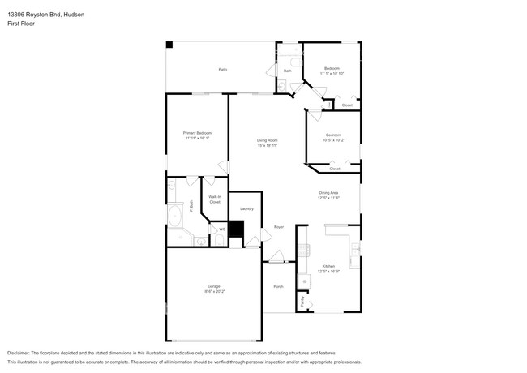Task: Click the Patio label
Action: coord(222,70)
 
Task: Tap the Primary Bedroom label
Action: coord(198,132)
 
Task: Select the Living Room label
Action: coord(268,140)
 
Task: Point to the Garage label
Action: coord(214,286)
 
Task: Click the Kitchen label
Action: coord(328,266)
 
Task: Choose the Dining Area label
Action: coord(328,192)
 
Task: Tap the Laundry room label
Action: coord(246,208)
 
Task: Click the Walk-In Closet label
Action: coord(215,199)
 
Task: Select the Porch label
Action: coord(278,286)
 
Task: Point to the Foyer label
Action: coord(278,227)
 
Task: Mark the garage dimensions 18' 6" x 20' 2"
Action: coord(214,291)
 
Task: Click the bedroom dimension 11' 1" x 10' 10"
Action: coord(332,73)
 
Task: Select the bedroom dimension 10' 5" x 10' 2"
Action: coord(334,139)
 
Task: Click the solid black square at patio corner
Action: coord(169,45)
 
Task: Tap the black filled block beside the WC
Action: coord(236,229)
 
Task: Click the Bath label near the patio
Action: coord(287,71)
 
